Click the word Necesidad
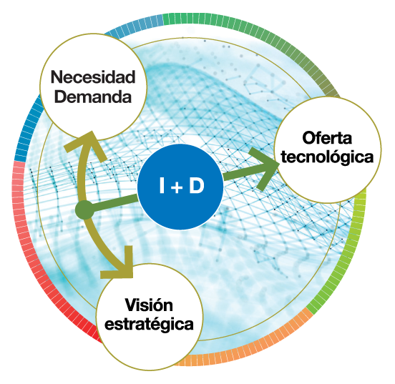(93, 77)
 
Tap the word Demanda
(93, 97)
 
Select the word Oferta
(327, 138)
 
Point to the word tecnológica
(327, 157)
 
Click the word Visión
(149, 305)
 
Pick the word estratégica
(149, 324)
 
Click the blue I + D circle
(180, 187)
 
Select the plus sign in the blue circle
(177, 187)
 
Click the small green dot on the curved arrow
(85, 210)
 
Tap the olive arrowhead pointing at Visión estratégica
(121, 265)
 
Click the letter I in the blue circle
(162, 185)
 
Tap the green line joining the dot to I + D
(114, 202)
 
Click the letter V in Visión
(132, 305)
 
